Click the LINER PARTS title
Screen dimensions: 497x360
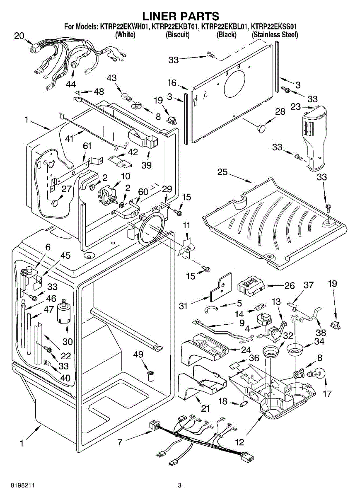coord(181,16)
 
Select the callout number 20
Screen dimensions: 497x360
coord(19,36)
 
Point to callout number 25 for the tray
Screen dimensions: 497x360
coord(222,172)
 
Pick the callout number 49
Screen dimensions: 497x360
coord(138,354)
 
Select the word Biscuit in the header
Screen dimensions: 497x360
coord(177,35)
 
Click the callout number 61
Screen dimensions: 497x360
coord(87,145)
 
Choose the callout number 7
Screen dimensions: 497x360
coord(120,443)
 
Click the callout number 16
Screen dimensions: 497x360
coord(172,83)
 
